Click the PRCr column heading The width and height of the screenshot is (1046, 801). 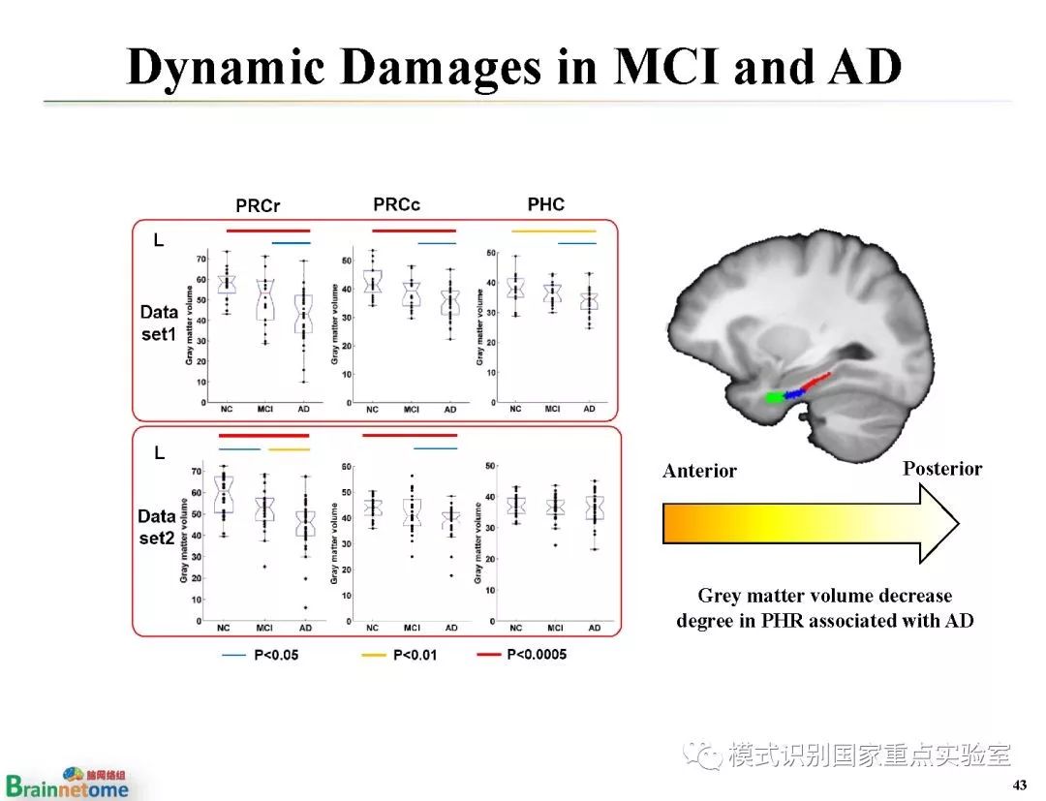point(258,206)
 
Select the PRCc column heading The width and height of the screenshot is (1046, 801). point(396,204)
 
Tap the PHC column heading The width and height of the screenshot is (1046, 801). point(545,204)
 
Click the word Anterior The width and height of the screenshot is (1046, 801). point(699,472)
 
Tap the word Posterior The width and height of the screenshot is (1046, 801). point(942,469)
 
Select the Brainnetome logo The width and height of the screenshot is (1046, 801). point(67,783)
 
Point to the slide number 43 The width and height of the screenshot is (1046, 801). point(1018,784)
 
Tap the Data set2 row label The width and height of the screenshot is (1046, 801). point(157,526)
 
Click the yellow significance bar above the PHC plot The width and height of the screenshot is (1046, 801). point(553,231)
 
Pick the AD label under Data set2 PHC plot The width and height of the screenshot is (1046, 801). point(594,629)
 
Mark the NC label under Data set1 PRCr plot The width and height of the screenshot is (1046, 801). point(227,409)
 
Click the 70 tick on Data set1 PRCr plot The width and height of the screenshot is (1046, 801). point(200,259)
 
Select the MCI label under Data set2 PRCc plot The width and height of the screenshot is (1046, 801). point(412,629)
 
